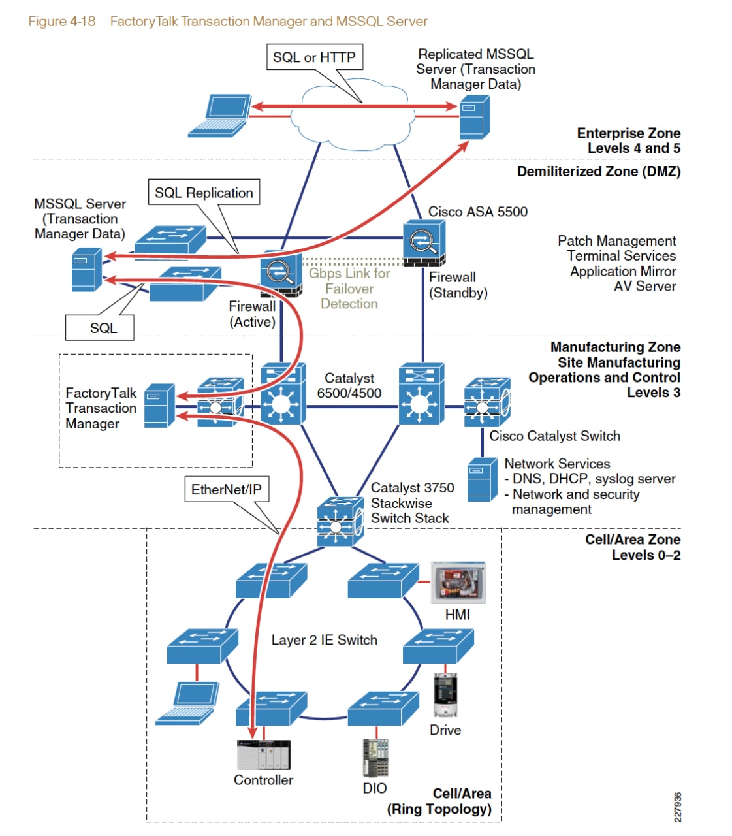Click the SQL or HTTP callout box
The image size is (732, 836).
(x=314, y=57)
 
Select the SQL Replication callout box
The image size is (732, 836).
(x=204, y=193)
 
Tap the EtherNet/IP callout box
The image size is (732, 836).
(x=226, y=489)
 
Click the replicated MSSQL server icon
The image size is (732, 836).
(x=474, y=117)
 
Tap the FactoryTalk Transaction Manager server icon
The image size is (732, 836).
(x=159, y=406)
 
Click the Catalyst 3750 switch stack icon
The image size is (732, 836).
(x=340, y=521)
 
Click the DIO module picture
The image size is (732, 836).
(x=375, y=758)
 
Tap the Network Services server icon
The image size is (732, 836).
(x=482, y=479)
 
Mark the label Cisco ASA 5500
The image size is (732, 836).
(x=477, y=212)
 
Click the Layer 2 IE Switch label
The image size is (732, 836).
(x=324, y=640)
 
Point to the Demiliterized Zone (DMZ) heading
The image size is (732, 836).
(x=598, y=172)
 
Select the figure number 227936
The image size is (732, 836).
(x=678, y=807)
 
